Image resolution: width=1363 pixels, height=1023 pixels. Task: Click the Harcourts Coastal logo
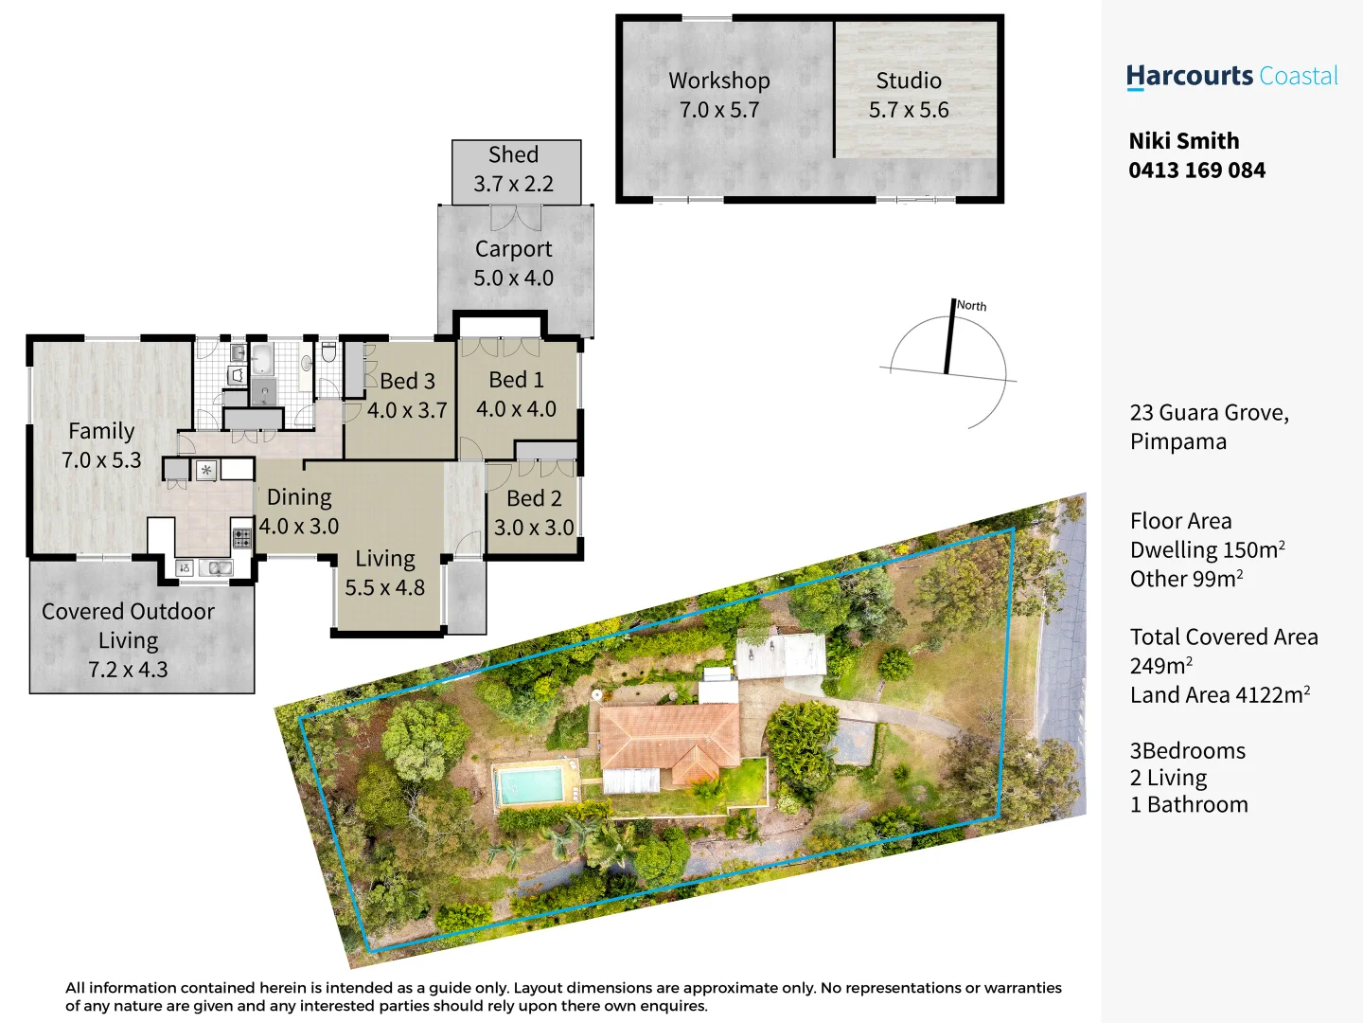(x=1231, y=77)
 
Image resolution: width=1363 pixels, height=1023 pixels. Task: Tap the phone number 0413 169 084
(x=1196, y=170)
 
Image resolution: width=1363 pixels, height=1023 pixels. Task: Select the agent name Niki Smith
(x=1183, y=141)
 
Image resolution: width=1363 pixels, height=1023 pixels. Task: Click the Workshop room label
(x=719, y=81)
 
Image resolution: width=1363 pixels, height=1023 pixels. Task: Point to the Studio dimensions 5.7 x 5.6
(x=909, y=110)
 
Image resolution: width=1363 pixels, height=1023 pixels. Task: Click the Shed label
(x=513, y=154)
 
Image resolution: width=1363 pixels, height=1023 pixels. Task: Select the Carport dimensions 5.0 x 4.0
(x=514, y=278)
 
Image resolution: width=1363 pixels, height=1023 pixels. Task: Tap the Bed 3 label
(x=407, y=381)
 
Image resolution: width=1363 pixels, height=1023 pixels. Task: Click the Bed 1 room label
(x=516, y=380)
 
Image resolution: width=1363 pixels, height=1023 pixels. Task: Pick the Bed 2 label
(x=534, y=498)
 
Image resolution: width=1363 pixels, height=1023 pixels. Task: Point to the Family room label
(x=101, y=431)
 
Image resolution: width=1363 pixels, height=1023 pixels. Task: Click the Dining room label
(x=299, y=497)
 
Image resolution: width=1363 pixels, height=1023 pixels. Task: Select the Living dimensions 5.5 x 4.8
(x=384, y=588)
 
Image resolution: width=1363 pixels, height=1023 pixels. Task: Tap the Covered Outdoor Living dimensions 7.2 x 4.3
(x=128, y=670)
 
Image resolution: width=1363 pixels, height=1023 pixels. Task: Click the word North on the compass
(x=971, y=306)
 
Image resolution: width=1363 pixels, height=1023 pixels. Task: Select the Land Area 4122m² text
(x=1219, y=695)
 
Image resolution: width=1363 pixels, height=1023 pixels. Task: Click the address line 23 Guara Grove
(x=1209, y=413)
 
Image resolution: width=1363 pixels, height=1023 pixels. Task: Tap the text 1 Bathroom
(x=1189, y=805)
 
